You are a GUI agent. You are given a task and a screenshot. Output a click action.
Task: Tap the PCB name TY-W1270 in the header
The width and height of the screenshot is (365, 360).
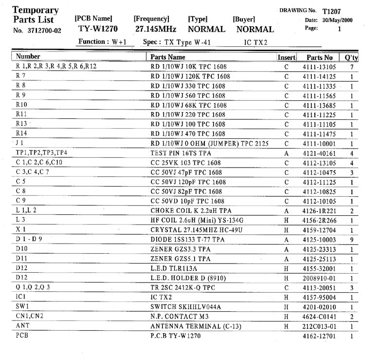coord(98,29)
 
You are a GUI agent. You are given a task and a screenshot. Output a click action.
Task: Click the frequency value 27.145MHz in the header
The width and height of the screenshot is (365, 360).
coord(156,29)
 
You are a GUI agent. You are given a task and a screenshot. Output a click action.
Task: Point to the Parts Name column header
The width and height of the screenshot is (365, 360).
coord(168,57)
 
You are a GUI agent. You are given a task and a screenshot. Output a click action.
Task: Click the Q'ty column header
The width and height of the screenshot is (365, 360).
coord(351,57)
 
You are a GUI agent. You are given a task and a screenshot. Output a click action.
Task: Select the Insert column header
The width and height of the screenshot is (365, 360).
coord(286,57)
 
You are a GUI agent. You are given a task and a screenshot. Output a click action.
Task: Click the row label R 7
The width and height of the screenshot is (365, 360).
coord(21,76)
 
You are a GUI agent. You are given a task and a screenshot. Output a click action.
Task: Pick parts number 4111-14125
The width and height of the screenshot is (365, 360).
coord(319,76)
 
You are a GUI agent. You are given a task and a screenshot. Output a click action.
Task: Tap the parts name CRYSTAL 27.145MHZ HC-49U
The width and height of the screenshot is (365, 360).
coord(196,230)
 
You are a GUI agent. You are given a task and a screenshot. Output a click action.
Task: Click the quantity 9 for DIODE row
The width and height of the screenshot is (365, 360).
coord(351,240)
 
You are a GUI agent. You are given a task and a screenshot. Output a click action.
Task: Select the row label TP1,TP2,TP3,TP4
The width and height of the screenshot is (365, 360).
coord(41,153)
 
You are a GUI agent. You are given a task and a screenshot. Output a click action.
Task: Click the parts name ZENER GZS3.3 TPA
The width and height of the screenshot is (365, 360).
coord(181,249)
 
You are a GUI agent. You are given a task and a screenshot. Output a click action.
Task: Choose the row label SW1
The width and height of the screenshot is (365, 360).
coord(22,306)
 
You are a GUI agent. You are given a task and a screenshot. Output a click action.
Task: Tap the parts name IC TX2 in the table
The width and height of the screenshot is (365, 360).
coord(162,297)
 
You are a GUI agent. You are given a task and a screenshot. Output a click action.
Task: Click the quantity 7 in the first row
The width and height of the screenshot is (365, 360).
coord(351,67)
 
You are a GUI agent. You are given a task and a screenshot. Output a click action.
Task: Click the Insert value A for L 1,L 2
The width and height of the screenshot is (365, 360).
coord(286,211)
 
